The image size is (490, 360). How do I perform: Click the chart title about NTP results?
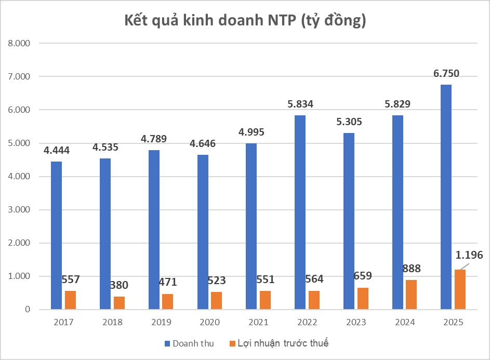pyautogui.click(x=245, y=21)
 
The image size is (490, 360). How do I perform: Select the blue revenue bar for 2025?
pyautogui.click(x=446, y=197)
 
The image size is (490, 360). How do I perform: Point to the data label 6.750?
pyautogui.click(x=446, y=73)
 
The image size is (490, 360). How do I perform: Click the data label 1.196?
pyautogui.click(x=469, y=255)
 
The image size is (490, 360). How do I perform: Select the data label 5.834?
pyautogui.click(x=300, y=104)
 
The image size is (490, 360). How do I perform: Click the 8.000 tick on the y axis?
pyautogui.click(x=19, y=43)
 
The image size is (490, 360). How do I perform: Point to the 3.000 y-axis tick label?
pyautogui.click(x=19, y=210)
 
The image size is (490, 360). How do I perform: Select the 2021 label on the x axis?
pyautogui.click(x=258, y=322)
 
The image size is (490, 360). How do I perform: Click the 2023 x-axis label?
pyautogui.click(x=356, y=322)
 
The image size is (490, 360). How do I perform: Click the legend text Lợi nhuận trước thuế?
pyautogui.click(x=283, y=343)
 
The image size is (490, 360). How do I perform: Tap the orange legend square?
pyautogui.click(x=232, y=343)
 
